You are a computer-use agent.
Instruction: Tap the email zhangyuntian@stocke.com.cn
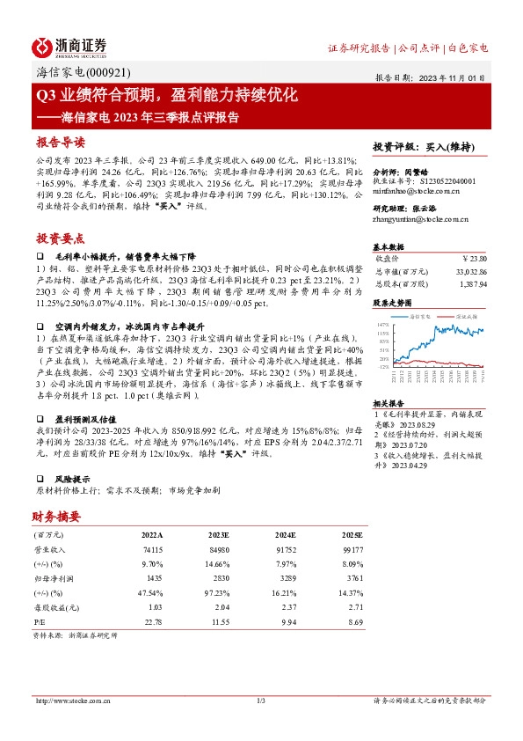point(419,220)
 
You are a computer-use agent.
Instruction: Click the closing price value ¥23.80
point(474,260)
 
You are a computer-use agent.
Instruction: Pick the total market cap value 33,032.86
point(469,273)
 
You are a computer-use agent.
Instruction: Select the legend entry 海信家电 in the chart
point(424,315)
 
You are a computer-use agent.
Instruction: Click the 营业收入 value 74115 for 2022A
point(152,548)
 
